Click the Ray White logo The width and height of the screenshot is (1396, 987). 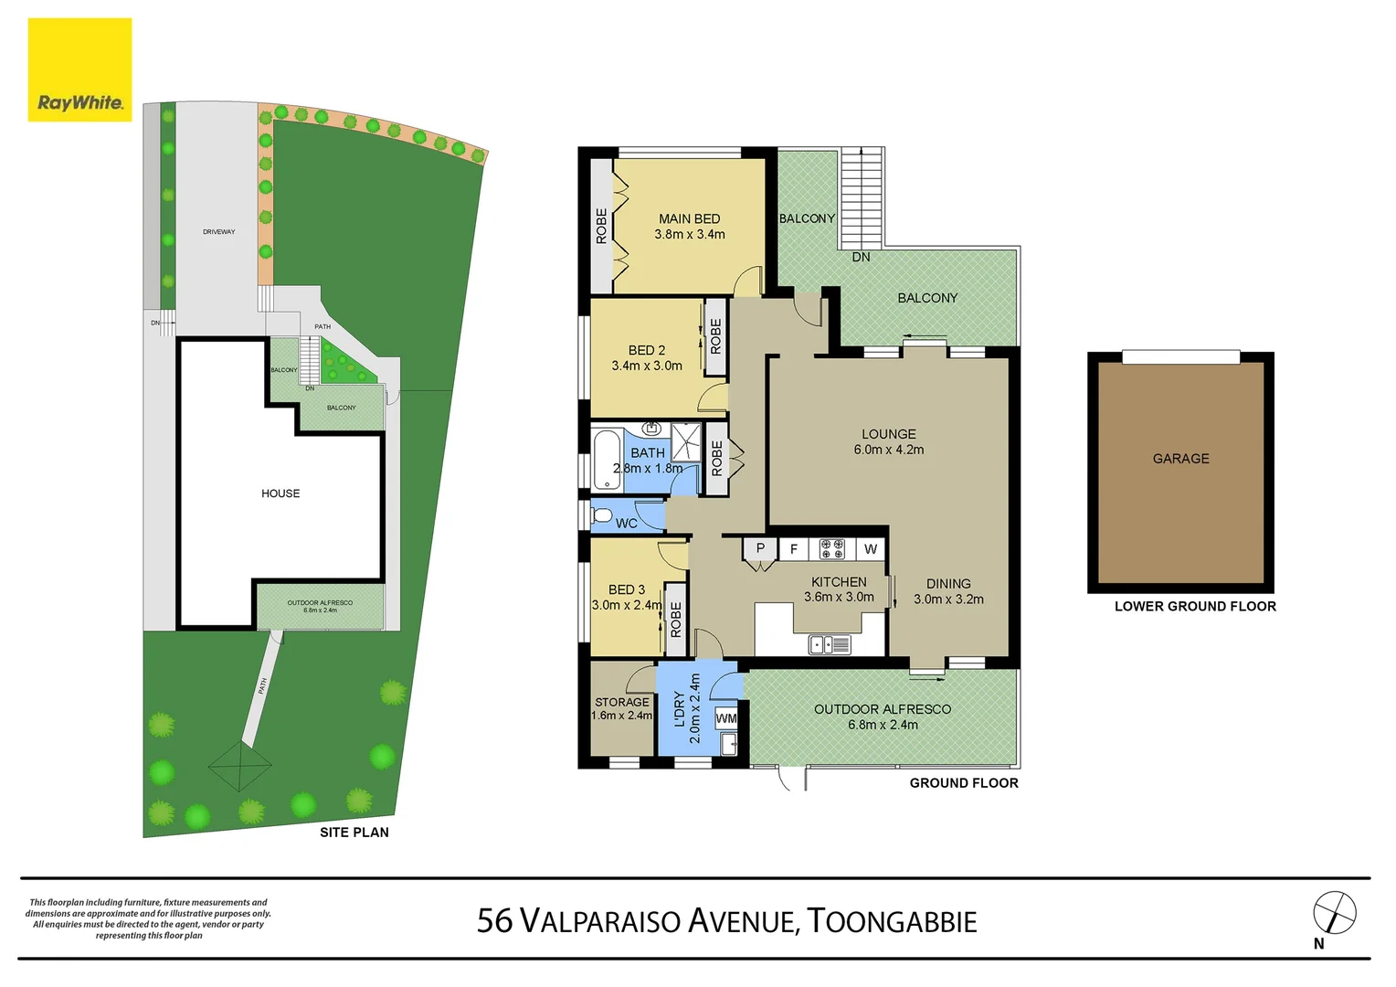79,70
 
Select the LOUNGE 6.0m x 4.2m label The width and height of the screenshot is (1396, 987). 888,441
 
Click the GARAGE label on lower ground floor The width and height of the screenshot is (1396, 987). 1180,459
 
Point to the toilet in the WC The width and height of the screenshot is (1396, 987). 602,517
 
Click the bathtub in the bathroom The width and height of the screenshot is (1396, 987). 607,461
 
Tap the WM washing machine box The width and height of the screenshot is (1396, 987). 726,718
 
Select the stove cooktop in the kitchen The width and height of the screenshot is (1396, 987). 831,548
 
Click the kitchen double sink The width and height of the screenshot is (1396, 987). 829,645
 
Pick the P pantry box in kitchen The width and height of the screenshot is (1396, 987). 759,549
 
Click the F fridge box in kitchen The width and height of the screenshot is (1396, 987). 793,549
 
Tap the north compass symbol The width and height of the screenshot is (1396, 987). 1334,913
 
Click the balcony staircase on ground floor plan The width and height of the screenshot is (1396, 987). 862,196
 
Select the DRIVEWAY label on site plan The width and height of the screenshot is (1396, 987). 218,232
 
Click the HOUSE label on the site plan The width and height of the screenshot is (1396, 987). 280,493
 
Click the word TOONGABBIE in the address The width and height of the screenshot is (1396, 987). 892,921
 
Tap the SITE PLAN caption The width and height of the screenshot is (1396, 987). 354,833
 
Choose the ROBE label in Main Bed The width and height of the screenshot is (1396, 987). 601,226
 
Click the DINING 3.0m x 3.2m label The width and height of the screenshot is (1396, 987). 948,591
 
